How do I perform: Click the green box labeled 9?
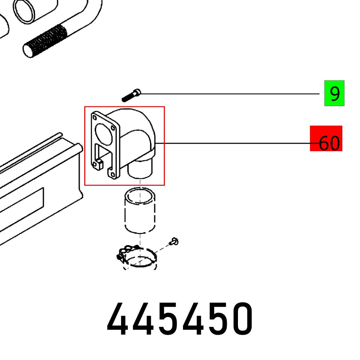pos(334,93)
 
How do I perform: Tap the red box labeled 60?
pos(326,139)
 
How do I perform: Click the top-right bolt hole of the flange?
pos(113,127)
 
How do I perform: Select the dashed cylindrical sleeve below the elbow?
pos(140,211)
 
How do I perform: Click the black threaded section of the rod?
pos(45,40)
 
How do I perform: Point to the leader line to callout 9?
pos(230,94)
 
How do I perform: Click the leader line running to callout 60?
pos(234,143)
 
